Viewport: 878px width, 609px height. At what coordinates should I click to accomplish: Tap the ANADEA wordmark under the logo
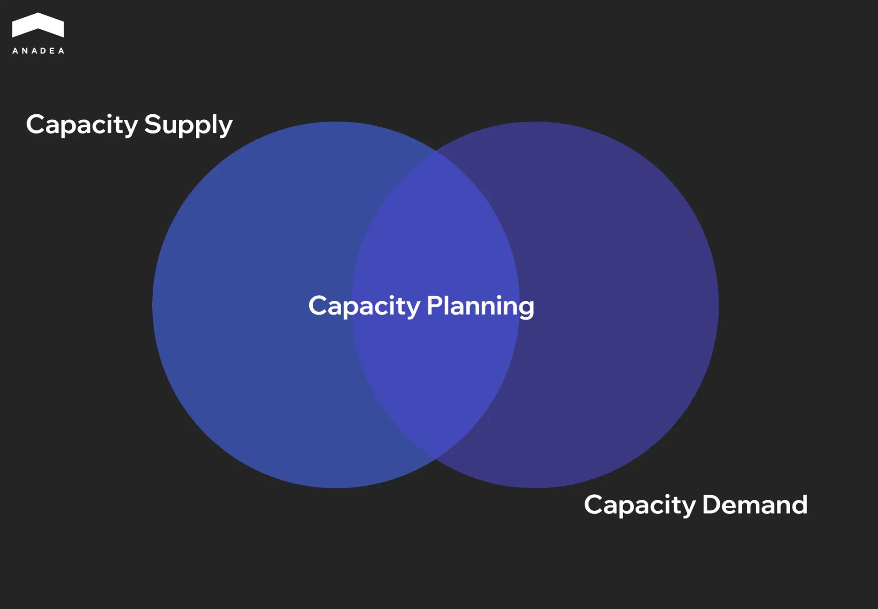(38, 51)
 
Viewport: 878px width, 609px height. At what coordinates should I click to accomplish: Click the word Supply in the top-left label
(188, 124)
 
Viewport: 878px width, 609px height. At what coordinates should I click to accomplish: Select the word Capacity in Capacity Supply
(82, 124)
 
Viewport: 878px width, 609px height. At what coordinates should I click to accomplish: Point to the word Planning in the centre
(480, 306)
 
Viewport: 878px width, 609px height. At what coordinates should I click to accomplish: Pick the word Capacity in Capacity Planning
(364, 306)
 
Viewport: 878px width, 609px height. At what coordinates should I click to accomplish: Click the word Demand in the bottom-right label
(755, 505)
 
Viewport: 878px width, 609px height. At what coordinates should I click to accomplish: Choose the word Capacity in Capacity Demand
(640, 505)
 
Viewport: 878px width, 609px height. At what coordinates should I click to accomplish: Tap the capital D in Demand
(711, 504)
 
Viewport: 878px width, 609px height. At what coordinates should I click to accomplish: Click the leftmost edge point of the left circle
(153, 305)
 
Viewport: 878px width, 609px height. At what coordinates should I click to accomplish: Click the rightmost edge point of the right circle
(718, 305)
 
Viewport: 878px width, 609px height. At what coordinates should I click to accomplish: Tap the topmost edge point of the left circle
(336, 122)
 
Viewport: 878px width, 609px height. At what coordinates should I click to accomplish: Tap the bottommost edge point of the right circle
(535, 487)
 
